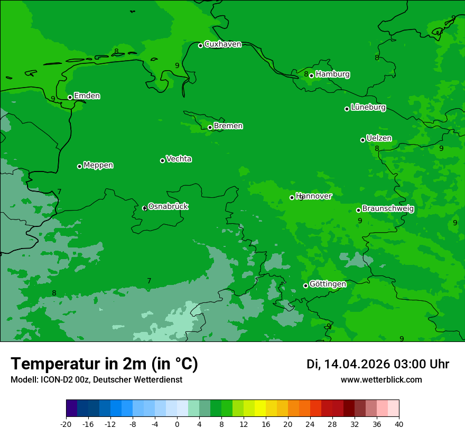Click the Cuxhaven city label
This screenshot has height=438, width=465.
[x=222, y=44]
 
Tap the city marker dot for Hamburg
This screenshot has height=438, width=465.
[x=311, y=75]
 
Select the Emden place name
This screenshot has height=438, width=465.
[x=87, y=96]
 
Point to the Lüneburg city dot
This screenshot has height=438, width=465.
[x=347, y=109]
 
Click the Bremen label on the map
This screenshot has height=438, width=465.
[x=228, y=126]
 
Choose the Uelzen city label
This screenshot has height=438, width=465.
[x=379, y=139]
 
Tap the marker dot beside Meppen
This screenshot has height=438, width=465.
[x=79, y=166]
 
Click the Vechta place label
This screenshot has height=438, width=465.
[x=179, y=159]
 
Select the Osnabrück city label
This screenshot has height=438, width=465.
[x=168, y=206]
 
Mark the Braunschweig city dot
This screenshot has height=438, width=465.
[x=358, y=210]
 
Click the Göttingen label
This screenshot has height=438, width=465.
[x=328, y=284]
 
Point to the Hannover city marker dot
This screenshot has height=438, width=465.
[x=292, y=197]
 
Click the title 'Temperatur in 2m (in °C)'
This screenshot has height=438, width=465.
[x=104, y=364]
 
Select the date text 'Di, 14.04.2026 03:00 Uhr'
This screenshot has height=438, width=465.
[x=378, y=364]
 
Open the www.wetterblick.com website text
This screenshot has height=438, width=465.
[x=381, y=380]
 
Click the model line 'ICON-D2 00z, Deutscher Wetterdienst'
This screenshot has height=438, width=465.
[x=96, y=380]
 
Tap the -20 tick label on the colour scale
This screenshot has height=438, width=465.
[x=66, y=424]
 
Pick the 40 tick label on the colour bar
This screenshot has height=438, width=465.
[x=399, y=424]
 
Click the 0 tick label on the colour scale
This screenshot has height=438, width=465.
[x=177, y=424]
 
